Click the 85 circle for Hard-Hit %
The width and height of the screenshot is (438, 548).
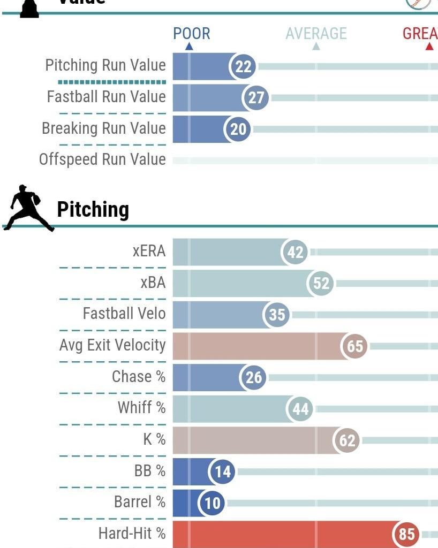tap(407, 534)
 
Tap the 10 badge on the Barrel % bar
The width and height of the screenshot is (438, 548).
tap(213, 503)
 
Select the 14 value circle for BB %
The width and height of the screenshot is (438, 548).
tap(222, 471)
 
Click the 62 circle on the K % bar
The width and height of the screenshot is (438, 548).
tap(347, 440)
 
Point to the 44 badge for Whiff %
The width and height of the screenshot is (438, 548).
tap(300, 409)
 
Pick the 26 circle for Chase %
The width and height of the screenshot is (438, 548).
tap(254, 377)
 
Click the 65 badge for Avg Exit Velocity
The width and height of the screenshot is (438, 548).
tap(355, 346)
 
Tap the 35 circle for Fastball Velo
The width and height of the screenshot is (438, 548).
tap(277, 315)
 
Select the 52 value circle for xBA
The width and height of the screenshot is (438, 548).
tap(321, 283)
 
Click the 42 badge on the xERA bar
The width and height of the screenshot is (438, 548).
tap(296, 252)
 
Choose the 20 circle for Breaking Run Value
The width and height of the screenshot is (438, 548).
tap(238, 130)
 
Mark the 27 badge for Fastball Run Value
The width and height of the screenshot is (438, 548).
tap(256, 98)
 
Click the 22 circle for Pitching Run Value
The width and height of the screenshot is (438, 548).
tap(243, 66)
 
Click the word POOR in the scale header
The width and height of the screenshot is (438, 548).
tap(191, 34)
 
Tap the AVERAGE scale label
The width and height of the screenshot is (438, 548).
tap(316, 34)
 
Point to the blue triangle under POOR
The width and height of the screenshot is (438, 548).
tap(188, 47)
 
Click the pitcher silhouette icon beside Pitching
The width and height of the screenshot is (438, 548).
tap(27, 208)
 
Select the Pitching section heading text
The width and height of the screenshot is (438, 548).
tap(93, 209)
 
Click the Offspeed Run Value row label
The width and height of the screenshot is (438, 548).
tap(102, 159)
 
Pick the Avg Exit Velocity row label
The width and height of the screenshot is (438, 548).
tap(112, 345)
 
